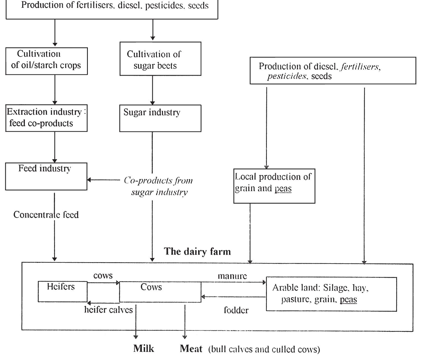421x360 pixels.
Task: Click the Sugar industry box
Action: click(x=160, y=118)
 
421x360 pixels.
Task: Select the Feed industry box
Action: click(x=46, y=176)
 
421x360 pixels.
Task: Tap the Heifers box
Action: click(x=62, y=291)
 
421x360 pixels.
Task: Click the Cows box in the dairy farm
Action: click(x=160, y=292)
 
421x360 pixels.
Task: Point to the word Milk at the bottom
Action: click(x=144, y=348)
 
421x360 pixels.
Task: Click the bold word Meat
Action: click(x=191, y=348)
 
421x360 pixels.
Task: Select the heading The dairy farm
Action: click(x=197, y=251)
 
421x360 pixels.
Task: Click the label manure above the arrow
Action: click(x=232, y=276)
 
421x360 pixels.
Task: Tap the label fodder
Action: click(x=236, y=310)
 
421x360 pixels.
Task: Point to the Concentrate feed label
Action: click(x=46, y=215)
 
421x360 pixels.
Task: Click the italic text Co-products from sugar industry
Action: click(x=159, y=186)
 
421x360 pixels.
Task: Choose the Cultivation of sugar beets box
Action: click(x=160, y=59)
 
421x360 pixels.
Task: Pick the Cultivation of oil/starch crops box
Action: click(x=46, y=61)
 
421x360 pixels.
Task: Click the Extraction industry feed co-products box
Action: click(x=46, y=118)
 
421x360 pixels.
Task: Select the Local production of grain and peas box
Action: click(x=274, y=186)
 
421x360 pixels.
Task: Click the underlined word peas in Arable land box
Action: click(x=348, y=299)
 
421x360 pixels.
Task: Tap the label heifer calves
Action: click(x=108, y=310)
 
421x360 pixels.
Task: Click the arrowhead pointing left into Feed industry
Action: click(x=89, y=180)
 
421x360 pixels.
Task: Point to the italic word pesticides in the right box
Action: click(x=287, y=76)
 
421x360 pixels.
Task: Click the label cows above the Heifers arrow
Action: click(x=103, y=275)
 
